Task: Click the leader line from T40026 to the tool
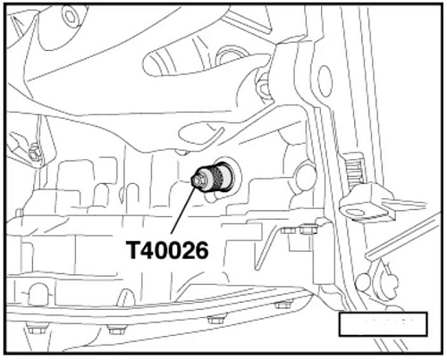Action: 183,208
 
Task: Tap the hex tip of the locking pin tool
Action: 195,180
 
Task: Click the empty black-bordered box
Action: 383,324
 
